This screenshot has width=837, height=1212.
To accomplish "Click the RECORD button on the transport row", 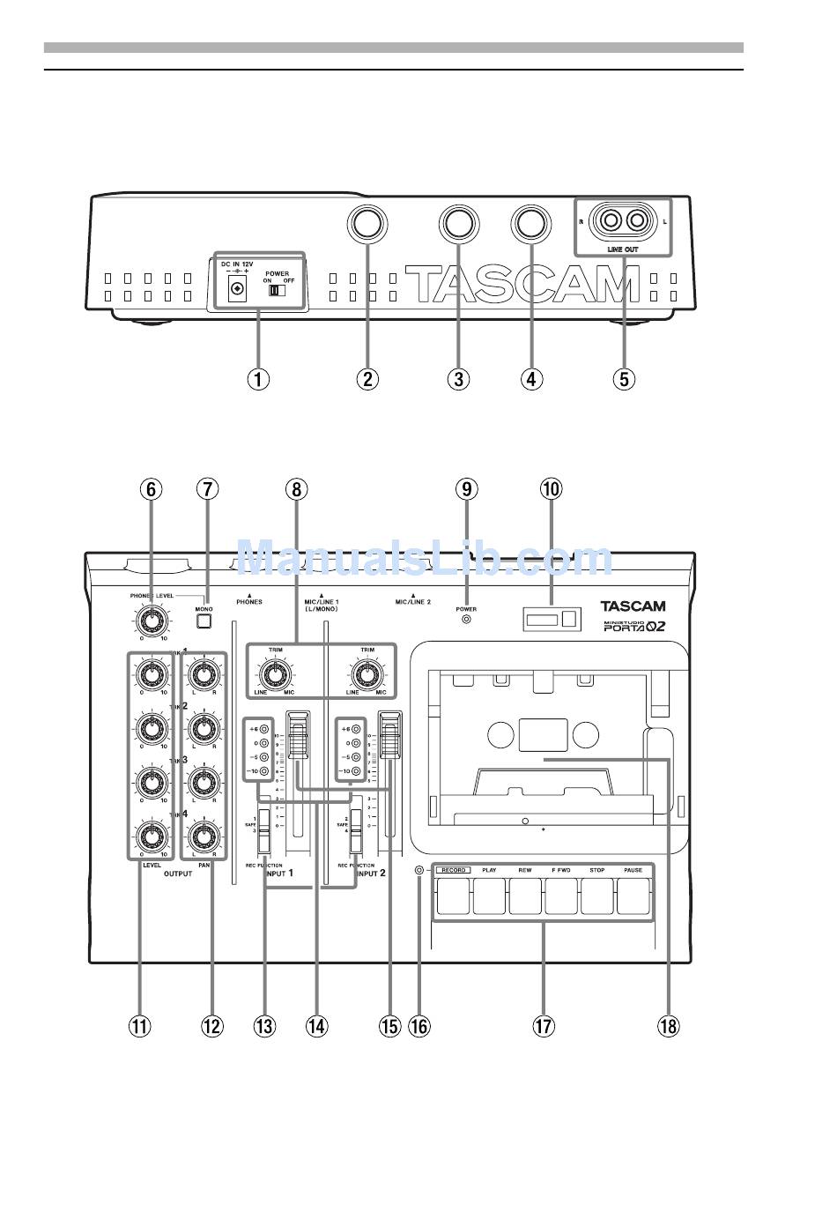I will click(x=453, y=898).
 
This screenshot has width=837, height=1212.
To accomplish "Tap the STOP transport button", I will click(x=597, y=898).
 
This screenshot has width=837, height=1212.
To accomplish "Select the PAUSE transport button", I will click(x=633, y=898).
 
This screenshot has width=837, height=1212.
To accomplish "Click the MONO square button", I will click(x=204, y=621).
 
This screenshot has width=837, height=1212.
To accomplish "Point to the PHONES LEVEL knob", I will click(x=152, y=621).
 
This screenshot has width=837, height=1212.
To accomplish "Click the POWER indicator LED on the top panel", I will click(x=466, y=619).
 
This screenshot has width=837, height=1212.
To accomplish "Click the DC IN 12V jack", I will click(x=235, y=288).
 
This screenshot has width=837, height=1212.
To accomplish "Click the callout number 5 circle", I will click(x=622, y=379).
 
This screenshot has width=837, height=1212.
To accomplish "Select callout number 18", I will click(x=669, y=1025).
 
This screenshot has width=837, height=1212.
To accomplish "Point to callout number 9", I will click(x=466, y=488).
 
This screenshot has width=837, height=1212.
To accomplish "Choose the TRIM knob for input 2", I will click(x=365, y=675).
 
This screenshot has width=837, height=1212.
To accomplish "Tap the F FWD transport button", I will click(x=561, y=898).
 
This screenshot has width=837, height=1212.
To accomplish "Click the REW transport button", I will click(x=525, y=898).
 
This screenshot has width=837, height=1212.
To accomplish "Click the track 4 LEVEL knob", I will click(x=152, y=835).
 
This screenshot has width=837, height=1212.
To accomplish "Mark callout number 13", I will click(x=264, y=1025).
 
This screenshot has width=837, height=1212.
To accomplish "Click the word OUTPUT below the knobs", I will click(x=177, y=874).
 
